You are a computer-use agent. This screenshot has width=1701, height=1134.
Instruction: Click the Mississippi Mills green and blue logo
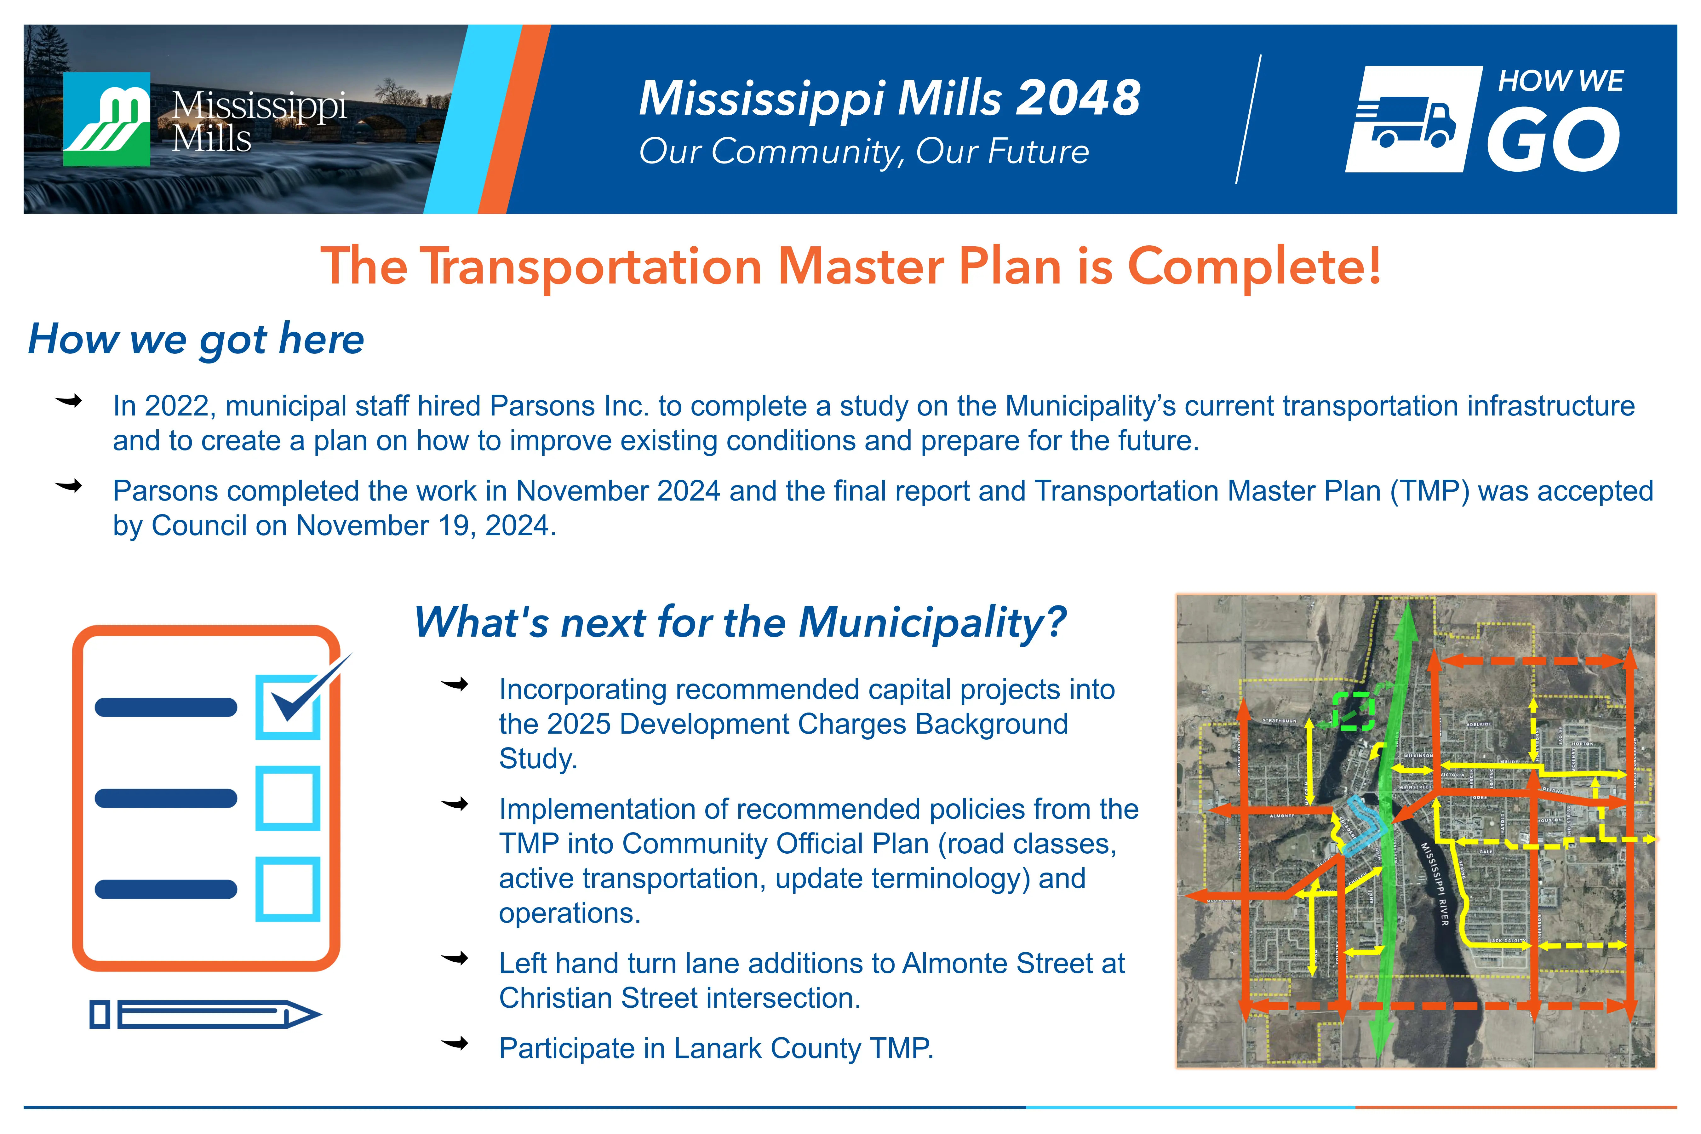(x=107, y=119)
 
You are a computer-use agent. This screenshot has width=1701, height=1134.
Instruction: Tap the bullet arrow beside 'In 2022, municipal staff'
(x=69, y=401)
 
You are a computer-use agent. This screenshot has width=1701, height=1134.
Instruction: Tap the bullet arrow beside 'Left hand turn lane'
(x=455, y=959)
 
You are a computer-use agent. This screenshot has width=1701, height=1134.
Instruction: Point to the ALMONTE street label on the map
(x=1282, y=816)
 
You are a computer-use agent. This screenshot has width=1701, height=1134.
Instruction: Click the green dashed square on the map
(x=1353, y=712)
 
